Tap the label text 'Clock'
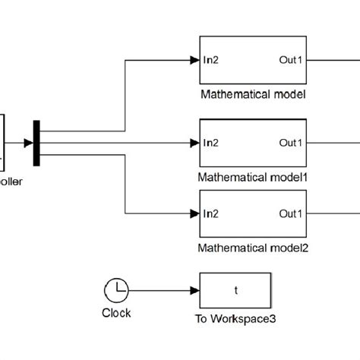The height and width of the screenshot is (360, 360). pyautogui.click(x=116, y=313)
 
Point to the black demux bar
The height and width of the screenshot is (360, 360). pyautogui.click(x=36, y=142)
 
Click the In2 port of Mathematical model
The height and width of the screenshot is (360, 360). pyautogui.click(x=211, y=59)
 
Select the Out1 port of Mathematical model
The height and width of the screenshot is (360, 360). pyautogui.click(x=291, y=59)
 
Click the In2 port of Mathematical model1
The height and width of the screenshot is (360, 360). pyautogui.click(x=211, y=142)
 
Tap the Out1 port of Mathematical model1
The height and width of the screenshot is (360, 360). pyautogui.click(x=291, y=142)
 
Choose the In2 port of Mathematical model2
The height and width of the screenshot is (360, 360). pyautogui.click(x=211, y=213)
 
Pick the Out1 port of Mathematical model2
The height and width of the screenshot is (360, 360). pyautogui.click(x=291, y=213)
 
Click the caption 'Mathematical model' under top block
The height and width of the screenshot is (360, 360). pyautogui.click(x=253, y=96)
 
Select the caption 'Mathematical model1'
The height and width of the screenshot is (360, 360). pyautogui.click(x=253, y=177)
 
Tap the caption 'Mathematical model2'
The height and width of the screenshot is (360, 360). pyautogui.click(x=253, y=248)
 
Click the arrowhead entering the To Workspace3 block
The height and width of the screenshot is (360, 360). pyautogui.click(x=194, y=290)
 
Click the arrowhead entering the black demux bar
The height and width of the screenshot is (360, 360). pyautogui.click(x=28, y=142)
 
